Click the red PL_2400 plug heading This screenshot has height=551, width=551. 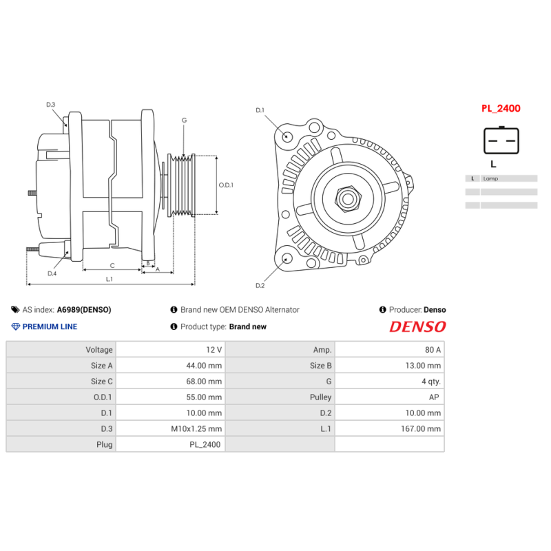pyautogui.click(x=501, y=108)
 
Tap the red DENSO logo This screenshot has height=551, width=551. pyautogui.click(x=417, y=326)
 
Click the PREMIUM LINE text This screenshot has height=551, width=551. pyautogui.click(x=50, y=326)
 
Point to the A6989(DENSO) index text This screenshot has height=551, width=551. pyautogui.click(x=83, y=310)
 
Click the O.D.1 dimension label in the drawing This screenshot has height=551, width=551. pyautogui.click(x=226, y=185)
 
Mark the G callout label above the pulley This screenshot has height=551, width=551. pyautogui.click(x=184, y=121)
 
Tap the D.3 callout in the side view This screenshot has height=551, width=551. pyautogui.click(x=51, y=105)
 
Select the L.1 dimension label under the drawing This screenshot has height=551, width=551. pyautogui.click(x=110, y=279)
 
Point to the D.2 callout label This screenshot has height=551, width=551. pyautogui.click(x=260, y=285)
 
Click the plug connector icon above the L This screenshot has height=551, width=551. pyautogui.click(x=501, y=141)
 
